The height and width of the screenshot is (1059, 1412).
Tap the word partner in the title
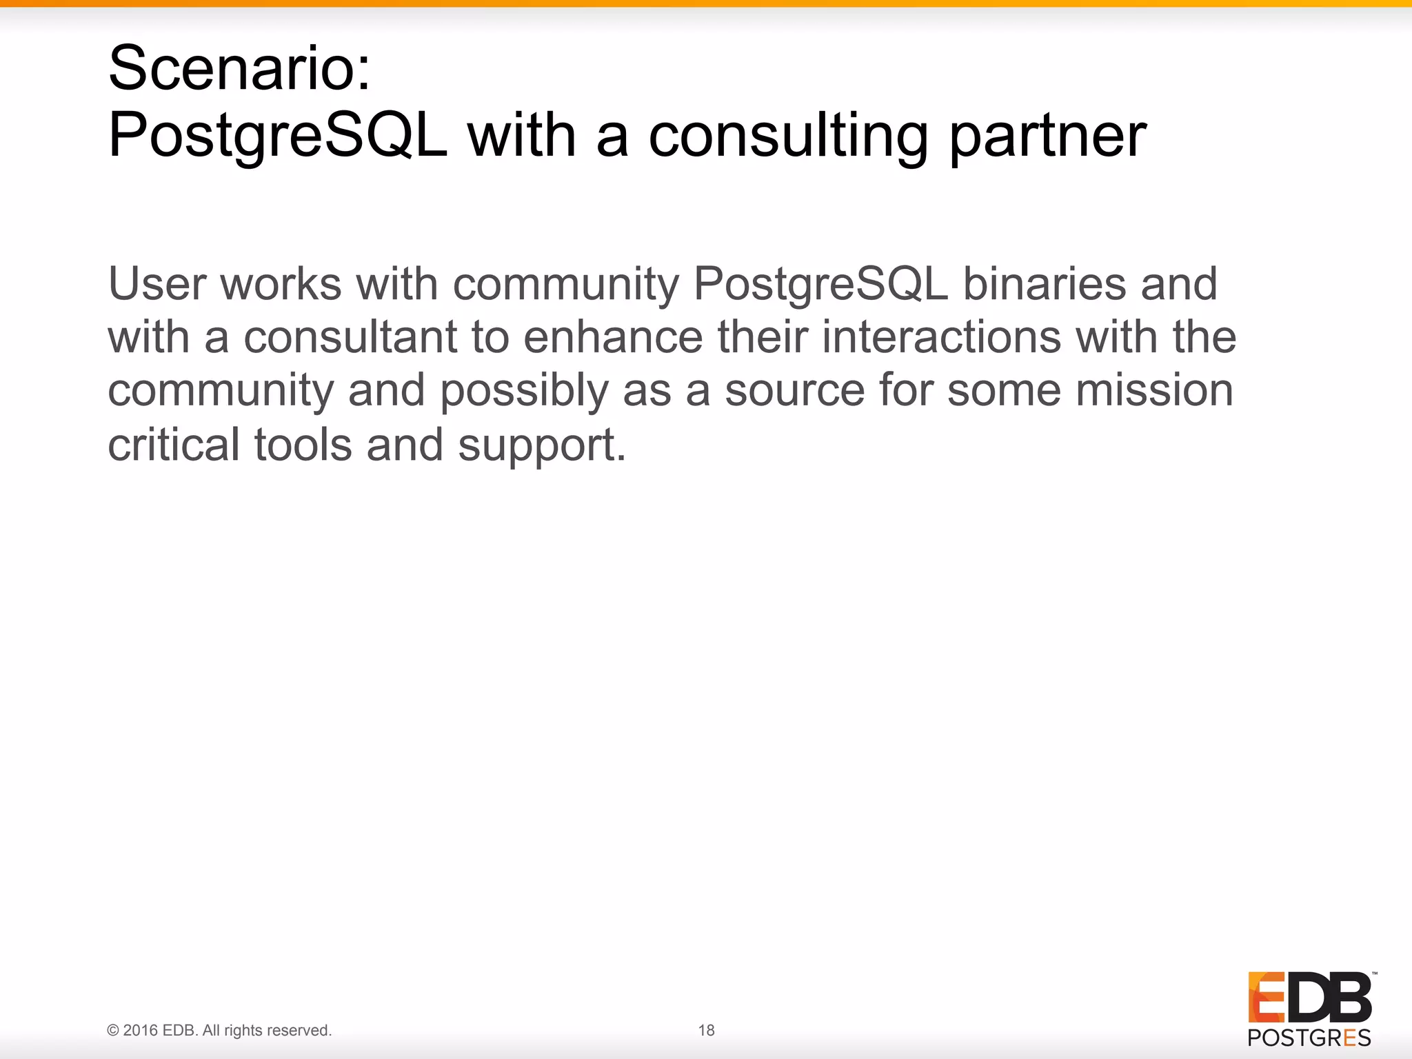pos(1047,136)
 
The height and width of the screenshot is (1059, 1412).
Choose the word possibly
pos(524,391)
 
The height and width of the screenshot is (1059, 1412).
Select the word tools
pos(303,445)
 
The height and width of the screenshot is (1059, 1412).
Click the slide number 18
pos(706,1030)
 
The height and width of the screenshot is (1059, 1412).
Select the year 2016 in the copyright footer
pos(141,1030)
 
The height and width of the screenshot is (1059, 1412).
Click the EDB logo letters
pos(1309,997)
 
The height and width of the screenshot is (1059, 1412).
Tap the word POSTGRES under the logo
pos(1309,1038)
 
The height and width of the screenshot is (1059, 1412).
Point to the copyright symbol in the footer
pos(113,1030)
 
